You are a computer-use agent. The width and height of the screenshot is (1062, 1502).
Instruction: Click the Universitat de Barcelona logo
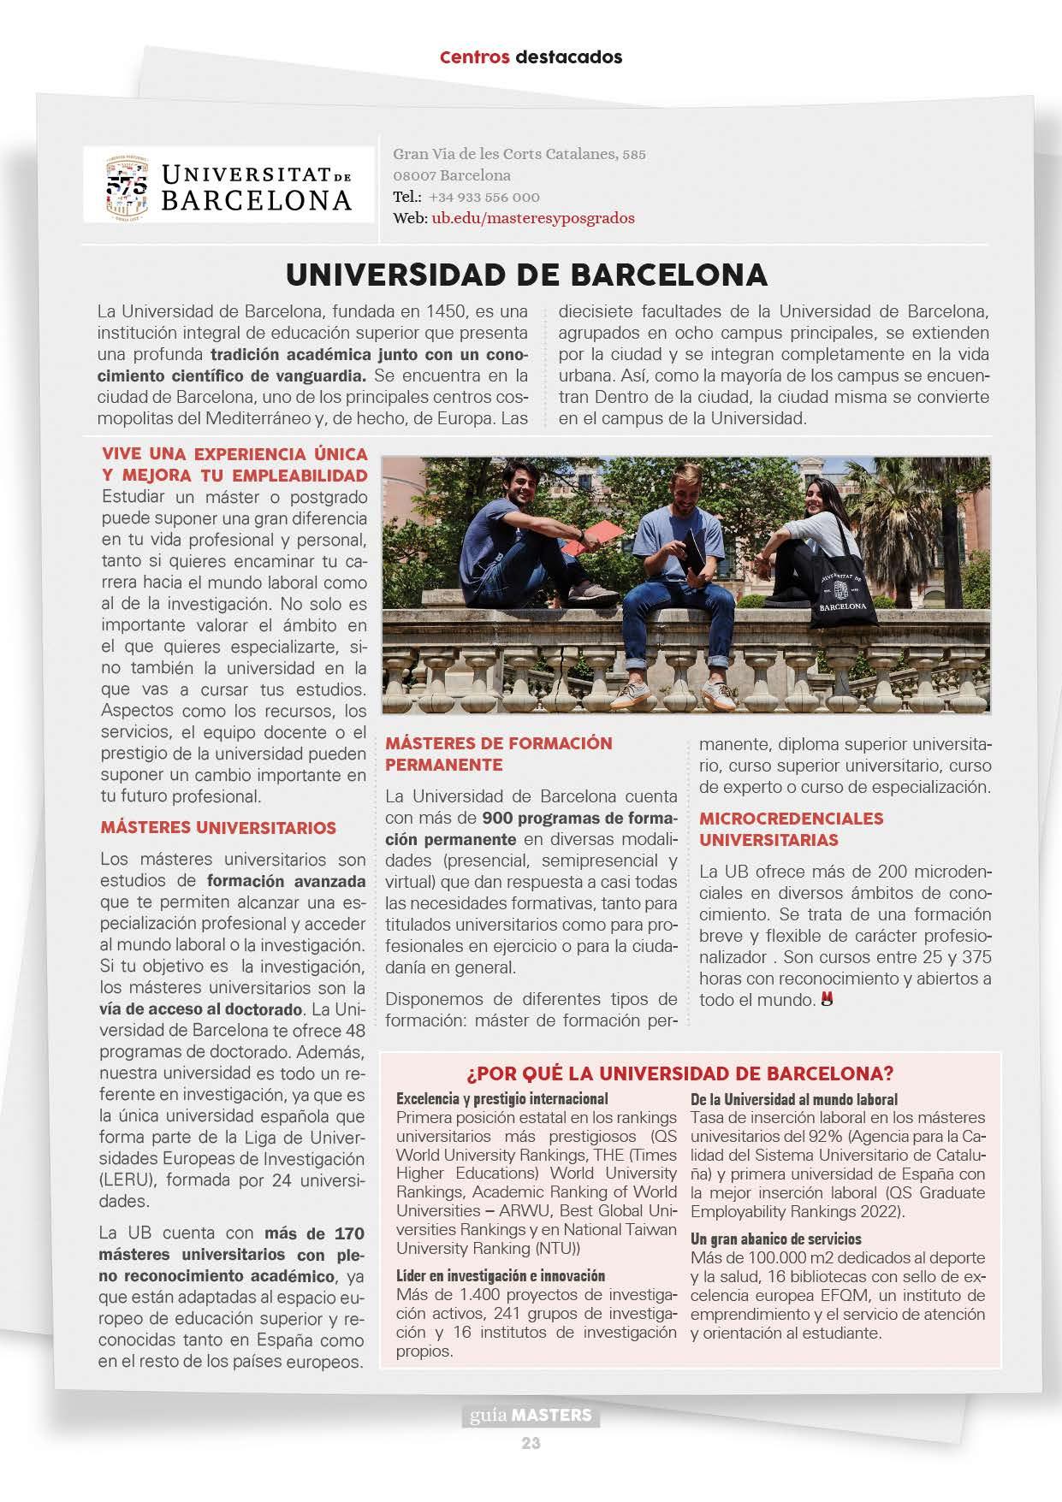229,185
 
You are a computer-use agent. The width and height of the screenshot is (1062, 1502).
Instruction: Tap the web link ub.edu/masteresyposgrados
533,218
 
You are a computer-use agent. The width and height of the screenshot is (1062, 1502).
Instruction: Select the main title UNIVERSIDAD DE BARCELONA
526,275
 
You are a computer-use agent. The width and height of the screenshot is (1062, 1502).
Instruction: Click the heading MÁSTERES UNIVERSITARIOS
219,828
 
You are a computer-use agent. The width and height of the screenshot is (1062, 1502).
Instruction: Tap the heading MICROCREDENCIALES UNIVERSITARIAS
791,829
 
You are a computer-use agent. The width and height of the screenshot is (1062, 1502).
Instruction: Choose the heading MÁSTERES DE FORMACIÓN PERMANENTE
499,754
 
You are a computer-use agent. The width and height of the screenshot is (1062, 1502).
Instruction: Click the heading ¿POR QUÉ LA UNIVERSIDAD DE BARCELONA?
680,1073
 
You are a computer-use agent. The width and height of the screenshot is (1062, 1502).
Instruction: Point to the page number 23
531,1443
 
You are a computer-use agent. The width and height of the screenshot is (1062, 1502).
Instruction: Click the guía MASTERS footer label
531,1416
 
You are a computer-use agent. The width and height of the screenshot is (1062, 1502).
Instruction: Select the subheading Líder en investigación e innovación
501,1275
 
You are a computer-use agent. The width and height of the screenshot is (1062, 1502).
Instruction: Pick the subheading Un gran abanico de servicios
775,1239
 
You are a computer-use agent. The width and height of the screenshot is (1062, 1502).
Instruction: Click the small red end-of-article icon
827,998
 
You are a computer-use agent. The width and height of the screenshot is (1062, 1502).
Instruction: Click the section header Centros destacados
531,57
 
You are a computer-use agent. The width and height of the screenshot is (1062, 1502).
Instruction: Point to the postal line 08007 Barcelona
452,175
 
